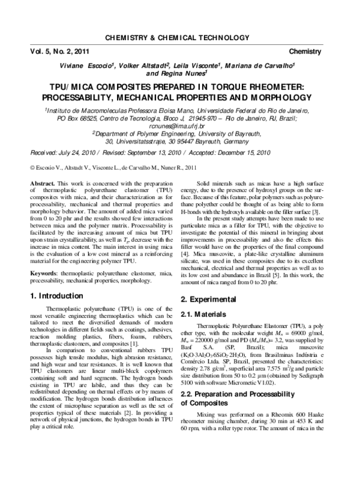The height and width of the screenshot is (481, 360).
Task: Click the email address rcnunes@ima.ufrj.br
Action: click(x=180, y=127)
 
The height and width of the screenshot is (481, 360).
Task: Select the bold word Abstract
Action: click(x=43, y=182)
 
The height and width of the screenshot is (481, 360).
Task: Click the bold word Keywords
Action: click(x=45, y=256)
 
